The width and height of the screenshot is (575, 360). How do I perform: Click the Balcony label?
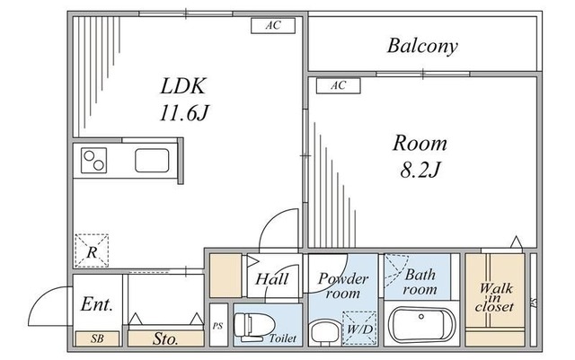422,47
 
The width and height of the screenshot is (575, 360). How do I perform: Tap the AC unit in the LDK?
273,26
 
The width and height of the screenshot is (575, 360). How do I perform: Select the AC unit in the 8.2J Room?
339,86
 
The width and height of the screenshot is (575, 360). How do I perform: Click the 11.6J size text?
184,113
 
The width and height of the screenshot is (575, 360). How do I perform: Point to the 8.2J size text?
420,170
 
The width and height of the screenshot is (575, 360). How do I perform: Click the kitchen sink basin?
152,161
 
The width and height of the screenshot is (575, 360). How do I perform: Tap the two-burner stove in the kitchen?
93,161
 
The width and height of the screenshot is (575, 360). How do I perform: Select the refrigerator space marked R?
92,250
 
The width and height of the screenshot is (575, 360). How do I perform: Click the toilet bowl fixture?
254,325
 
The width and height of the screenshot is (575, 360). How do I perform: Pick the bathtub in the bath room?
421,325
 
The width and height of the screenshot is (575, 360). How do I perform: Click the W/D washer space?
359,329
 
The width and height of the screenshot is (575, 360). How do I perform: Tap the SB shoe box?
97,338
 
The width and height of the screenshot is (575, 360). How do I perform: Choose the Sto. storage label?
165,338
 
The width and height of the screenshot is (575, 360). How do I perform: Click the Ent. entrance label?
97,304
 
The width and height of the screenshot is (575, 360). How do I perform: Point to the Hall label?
271,279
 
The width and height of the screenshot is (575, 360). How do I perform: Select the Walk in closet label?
495,297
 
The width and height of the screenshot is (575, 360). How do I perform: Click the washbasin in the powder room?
322,332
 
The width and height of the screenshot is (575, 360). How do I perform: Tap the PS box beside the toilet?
218,325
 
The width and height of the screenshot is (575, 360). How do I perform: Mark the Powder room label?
343,286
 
